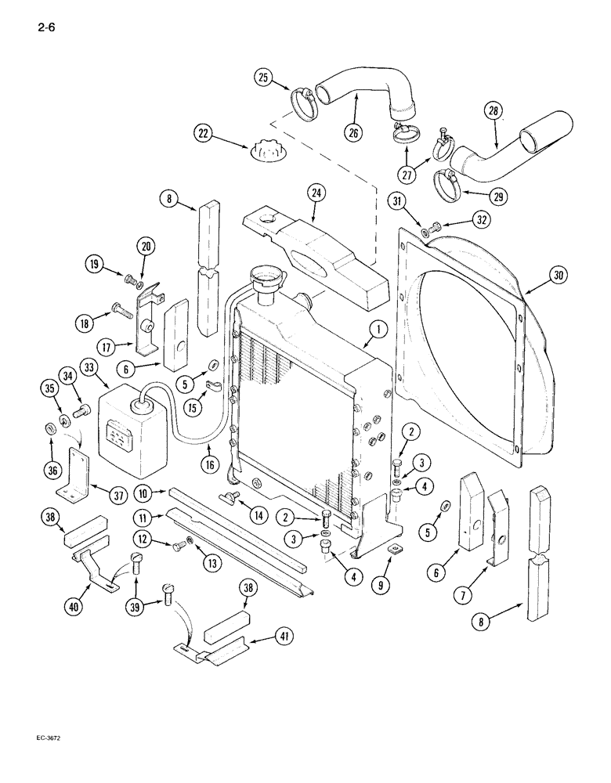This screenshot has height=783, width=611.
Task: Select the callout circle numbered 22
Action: tap(205, 135)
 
